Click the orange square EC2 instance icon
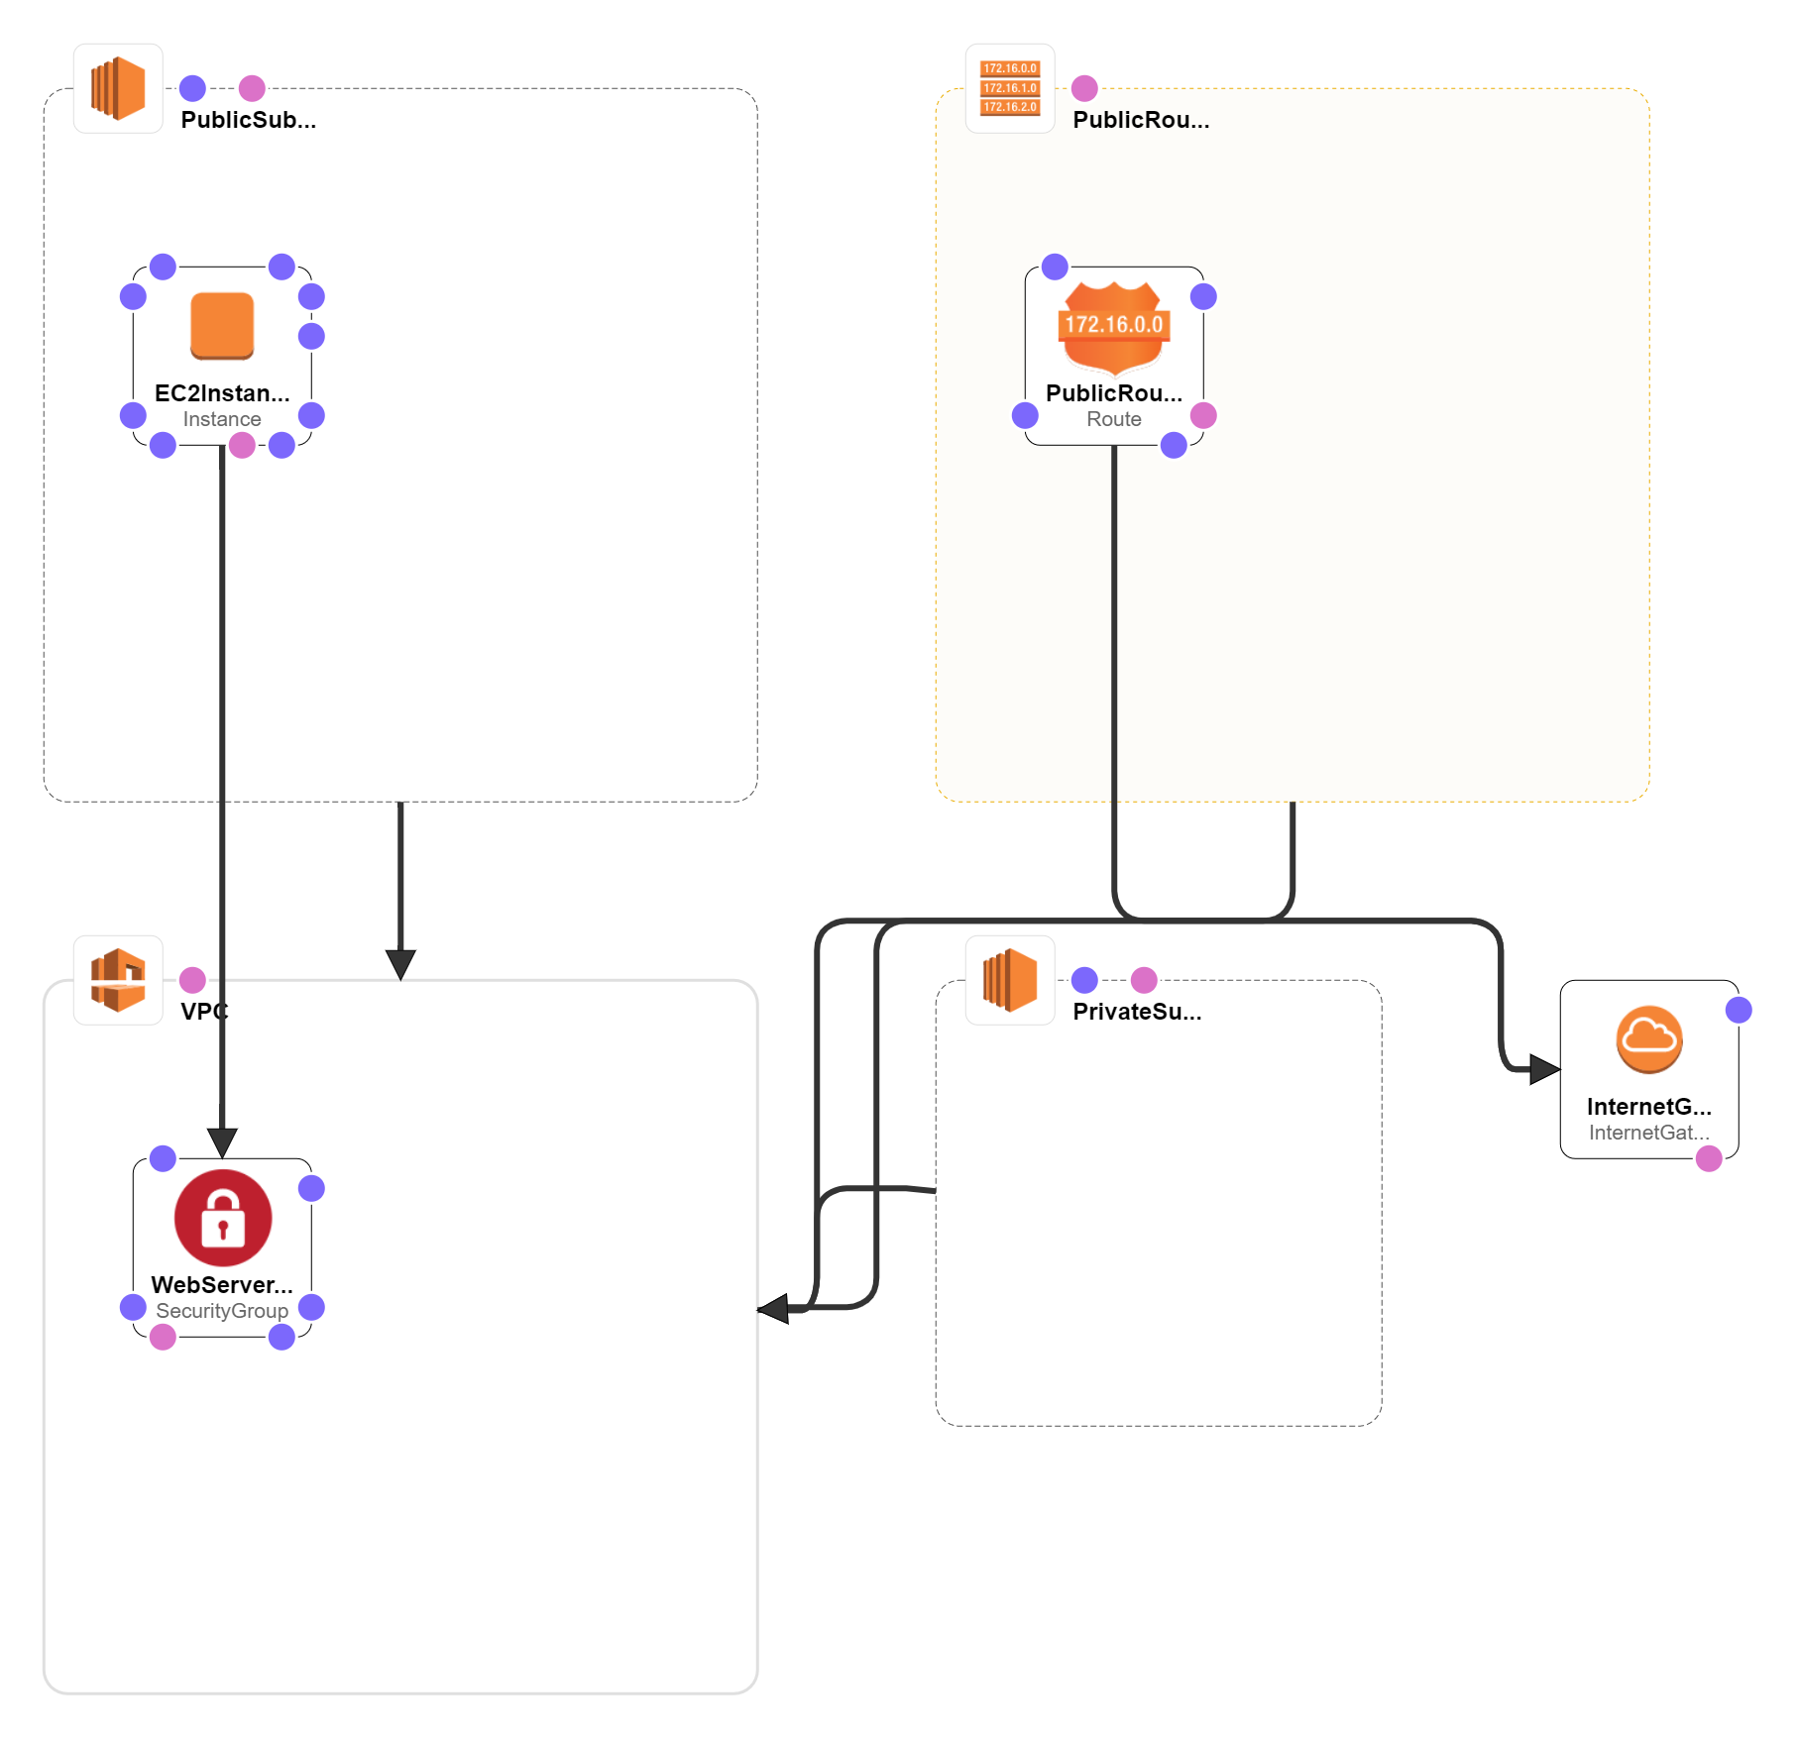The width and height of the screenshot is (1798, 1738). coord(222,325)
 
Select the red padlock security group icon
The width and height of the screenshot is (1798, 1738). coord(223,1217)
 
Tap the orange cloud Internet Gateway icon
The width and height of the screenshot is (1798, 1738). coord(1649,1039)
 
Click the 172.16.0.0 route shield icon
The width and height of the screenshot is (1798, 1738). coord(1114,325)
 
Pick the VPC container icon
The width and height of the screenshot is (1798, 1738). coord(118,980)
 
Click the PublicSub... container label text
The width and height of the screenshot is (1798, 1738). coord(248,120)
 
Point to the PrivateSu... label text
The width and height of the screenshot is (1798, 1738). coord(1137,1012)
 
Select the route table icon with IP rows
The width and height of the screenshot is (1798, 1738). coord(1010,88)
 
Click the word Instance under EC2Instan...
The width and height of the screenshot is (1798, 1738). coord(222,419)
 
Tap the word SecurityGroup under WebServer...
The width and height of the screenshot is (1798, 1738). coord(222,1311)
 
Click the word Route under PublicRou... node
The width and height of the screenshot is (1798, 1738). coord(1114,419)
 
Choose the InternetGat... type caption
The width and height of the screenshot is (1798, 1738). coord(1648,1133)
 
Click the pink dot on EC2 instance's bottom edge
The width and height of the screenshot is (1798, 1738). coord(242,446)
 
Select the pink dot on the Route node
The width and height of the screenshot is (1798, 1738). coord(1203,415)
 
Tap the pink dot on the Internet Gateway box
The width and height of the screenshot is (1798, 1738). coord(1709,1158)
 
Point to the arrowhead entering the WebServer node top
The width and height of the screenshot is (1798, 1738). coord(222,1142)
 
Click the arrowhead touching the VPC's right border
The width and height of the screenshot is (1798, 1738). coord(774,1308)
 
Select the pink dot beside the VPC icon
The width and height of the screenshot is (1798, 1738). coord(192,980)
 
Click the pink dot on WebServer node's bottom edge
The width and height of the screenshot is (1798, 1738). coord(163,1338)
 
